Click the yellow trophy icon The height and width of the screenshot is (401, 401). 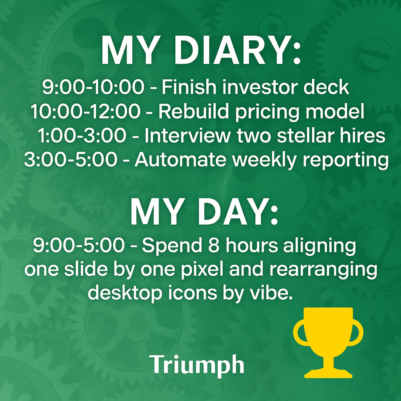(328, 343)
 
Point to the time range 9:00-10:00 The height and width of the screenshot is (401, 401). (93, 87)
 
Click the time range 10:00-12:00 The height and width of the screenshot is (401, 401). (86, 111)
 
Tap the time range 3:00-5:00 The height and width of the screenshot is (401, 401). (71, 159)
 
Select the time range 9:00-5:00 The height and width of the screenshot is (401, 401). (79, 245)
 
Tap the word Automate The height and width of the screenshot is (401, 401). (181, 160)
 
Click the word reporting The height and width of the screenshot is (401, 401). (346, 161)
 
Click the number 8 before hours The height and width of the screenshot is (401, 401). (214, 245)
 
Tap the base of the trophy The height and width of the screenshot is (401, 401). (329, 373)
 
